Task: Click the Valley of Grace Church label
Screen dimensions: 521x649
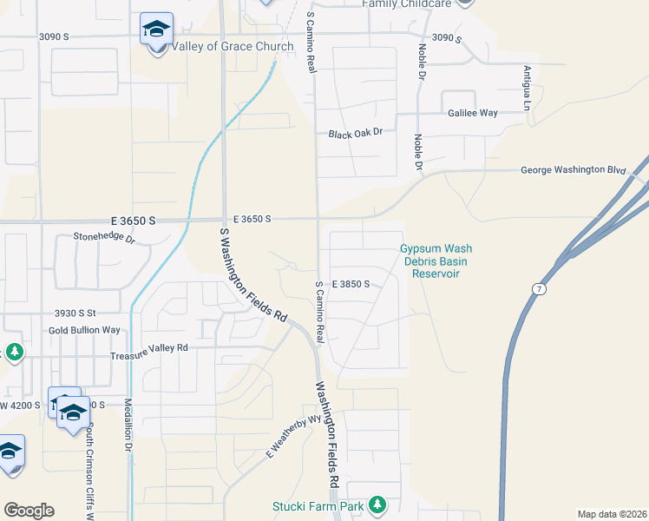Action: point(221,46)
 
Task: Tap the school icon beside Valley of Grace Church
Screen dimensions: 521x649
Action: point(156,30)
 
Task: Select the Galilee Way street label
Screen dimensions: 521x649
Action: point(473,113)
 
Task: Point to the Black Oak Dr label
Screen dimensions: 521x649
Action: point(361,135)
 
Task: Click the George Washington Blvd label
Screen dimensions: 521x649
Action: point(573,171)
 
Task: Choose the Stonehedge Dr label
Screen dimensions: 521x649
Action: point(105,236)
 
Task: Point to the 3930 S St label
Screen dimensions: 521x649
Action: point(75,313)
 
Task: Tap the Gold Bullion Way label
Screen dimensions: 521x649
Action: point(84,330)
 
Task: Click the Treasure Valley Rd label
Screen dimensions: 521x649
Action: point(149,347)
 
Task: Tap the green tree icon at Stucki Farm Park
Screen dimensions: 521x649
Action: point(377,504)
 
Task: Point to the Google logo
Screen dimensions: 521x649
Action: point(29,511)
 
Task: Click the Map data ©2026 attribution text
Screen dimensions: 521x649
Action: point(611,514)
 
